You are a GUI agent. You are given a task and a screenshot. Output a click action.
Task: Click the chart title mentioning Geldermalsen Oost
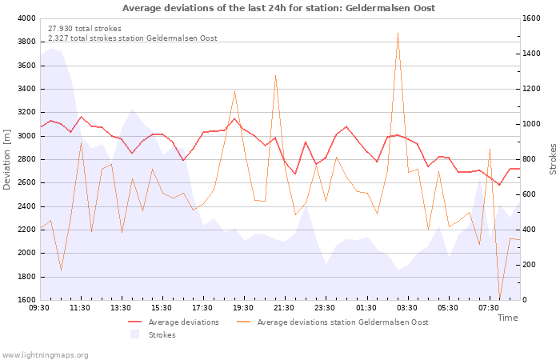click(x=280, y=8)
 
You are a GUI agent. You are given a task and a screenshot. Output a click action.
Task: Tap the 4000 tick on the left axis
click(x=26, y=18)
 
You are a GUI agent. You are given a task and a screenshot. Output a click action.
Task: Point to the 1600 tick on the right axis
click(x=534, y=18)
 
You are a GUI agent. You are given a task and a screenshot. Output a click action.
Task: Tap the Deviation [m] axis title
click(x=7, y=159)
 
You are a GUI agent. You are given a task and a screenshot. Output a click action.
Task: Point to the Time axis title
click(x=507, y=318)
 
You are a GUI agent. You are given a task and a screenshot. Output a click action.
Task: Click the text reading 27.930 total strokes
click(x=85, y=29)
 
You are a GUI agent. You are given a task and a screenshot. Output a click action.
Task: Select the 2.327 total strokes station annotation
click(x=132, y=38)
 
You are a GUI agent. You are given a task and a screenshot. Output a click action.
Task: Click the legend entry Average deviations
click(x=183, y=322)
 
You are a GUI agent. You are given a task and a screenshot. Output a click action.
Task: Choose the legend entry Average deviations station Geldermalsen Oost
click(x=342, y=322)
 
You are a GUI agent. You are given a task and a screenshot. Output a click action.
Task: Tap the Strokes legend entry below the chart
click(x=162, y=335)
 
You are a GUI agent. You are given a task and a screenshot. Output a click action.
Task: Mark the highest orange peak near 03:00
click(x=398, y=34)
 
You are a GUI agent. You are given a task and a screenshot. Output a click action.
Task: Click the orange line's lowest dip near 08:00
click(x=500, y=298)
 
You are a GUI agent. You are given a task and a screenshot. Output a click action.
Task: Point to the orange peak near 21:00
click(x=275, y=76)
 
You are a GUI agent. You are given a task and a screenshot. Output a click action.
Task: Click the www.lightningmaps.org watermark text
click(x=45, y=354)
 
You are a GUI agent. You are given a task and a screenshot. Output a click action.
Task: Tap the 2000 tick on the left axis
click(x=26, y=253)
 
